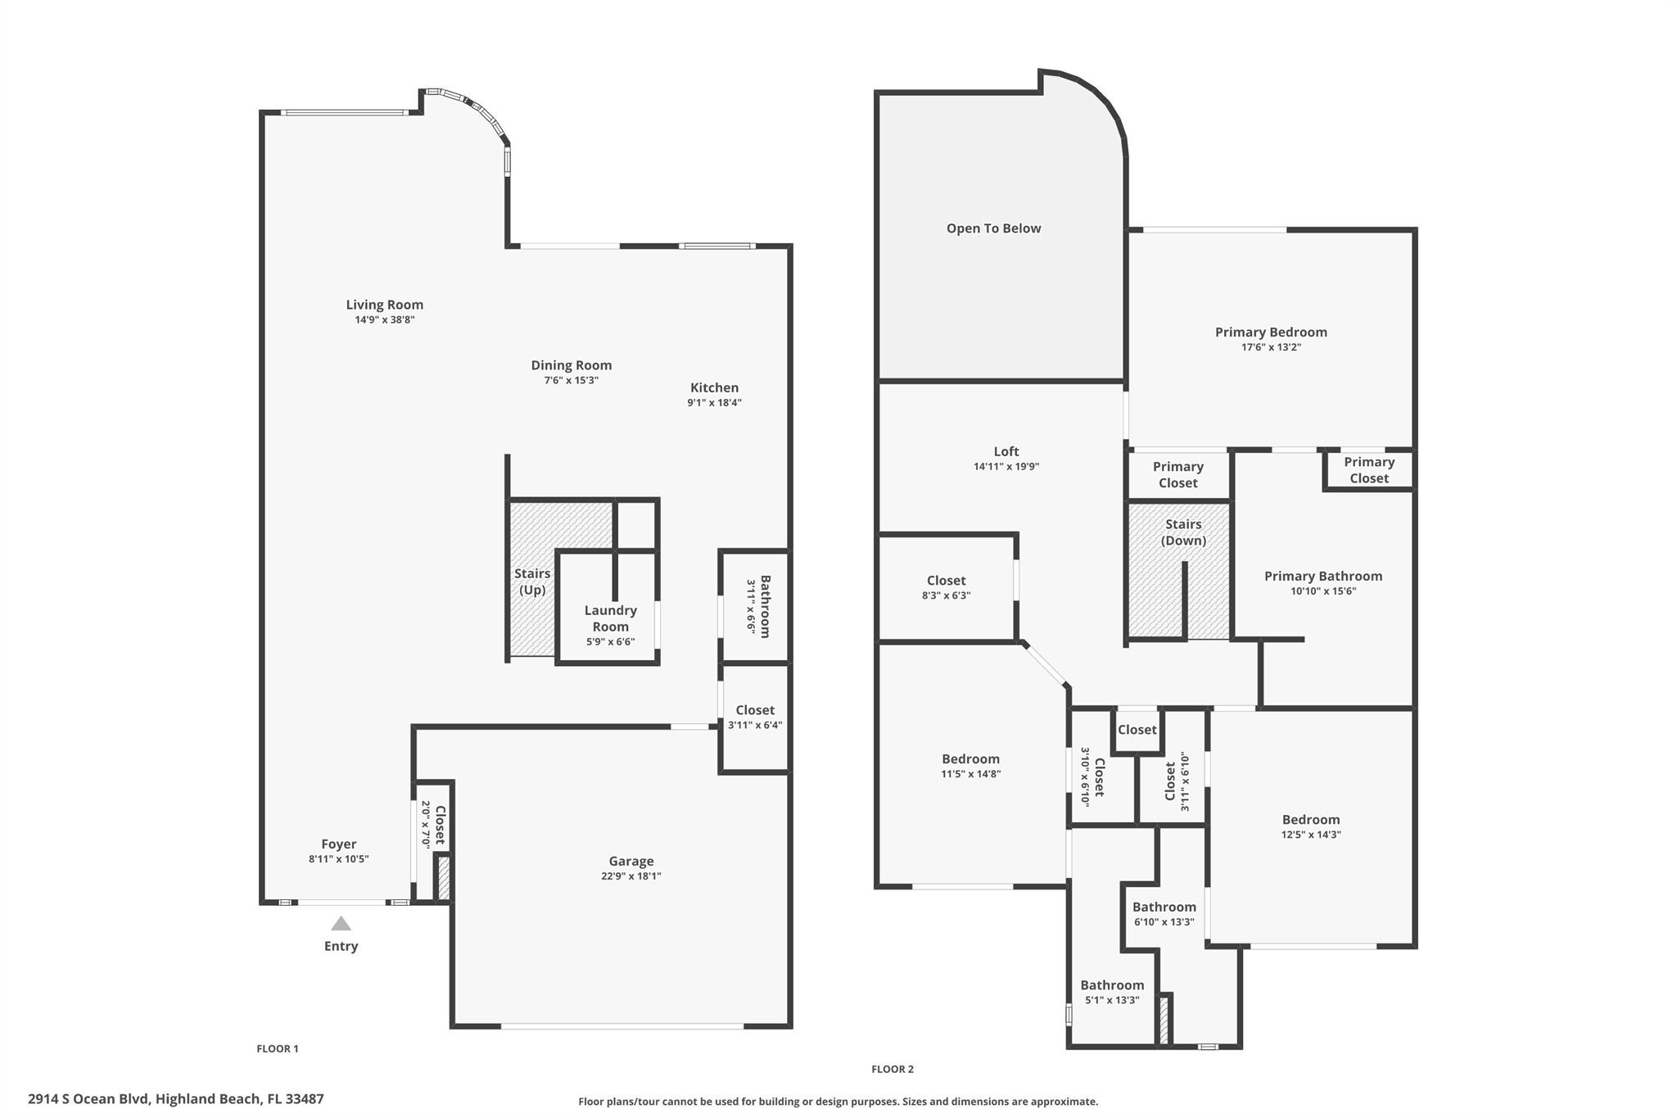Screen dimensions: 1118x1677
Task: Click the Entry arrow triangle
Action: [x=341, y=924]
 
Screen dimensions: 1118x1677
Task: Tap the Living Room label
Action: [x=384, y=305]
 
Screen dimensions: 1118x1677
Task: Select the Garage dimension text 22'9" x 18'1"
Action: [x=631, y=876]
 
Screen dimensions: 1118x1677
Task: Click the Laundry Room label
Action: [x=610, y=618]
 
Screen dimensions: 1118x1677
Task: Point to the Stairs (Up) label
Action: [x=531, y=582]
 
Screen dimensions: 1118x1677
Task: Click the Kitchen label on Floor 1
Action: [x=714, y=387]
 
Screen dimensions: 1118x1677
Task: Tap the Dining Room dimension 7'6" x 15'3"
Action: [x=571, y=380]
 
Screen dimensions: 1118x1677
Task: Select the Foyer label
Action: [x=338, y=844]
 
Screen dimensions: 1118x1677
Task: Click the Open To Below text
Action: [x=993, y=229]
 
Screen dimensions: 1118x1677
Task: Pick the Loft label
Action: [x=1006, y=451]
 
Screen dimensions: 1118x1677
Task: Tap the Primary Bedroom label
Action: [x=1270, y=332]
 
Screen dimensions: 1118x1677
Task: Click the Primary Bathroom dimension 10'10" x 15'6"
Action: [x=1322, y=591]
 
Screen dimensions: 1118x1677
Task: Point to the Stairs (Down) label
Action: [x=1183, y=532]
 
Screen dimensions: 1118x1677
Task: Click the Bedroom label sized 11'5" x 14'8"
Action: [x=970, y=759]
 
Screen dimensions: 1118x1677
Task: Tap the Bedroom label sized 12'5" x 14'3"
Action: [x=1310, y=820]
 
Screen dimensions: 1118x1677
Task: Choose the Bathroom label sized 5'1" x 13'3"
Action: [x=1111, y=985]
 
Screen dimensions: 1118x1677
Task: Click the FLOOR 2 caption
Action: [x=892, y=1069]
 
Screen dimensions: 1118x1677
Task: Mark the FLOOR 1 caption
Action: [x=278, y=1048]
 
